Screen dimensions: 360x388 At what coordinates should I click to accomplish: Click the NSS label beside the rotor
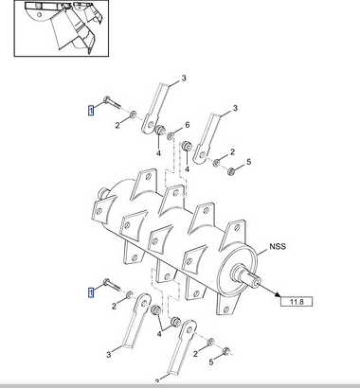[x=278, y=246]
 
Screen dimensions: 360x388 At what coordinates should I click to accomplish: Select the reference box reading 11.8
[x=297, y=302]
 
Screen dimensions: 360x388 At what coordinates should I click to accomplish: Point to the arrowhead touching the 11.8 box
[x=278, y=294]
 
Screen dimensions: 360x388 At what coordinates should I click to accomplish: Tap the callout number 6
[x=188, y=125]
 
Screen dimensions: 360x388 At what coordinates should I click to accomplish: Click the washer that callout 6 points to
[x=171, y=136]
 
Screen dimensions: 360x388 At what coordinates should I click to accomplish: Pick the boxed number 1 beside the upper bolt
[x=91, y=111]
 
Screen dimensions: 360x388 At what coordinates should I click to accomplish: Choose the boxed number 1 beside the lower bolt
[x=91, y=292]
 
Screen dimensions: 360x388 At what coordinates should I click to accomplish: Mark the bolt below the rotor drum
[x=112, y=285]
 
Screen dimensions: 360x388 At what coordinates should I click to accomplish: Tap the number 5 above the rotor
[x=249, y=162]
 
